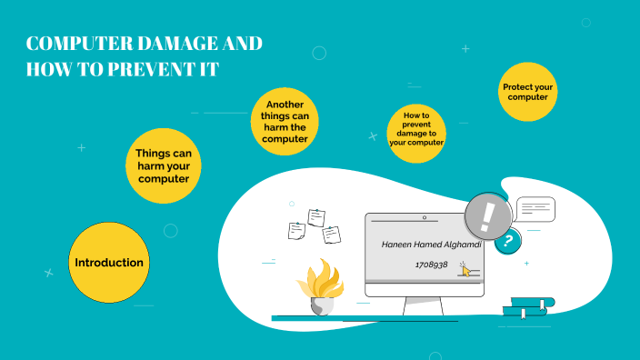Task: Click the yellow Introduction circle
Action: (x=109, y=263)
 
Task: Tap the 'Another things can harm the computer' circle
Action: (x=291, y=122)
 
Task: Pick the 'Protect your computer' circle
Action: (x=528, y=92)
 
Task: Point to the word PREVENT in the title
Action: (x=150, y=69)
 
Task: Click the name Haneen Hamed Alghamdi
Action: (x=425, y=245)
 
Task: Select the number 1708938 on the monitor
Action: (x=431, y=265)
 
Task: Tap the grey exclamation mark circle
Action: (x=488, y=218)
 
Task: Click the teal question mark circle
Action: (x=508, y=241)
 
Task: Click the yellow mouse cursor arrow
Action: (x=466, y=270)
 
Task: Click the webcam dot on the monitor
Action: (x=424, y=218)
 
